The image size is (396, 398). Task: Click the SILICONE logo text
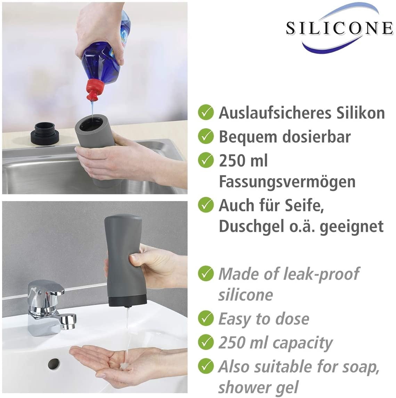339,28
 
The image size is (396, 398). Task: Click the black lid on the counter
45,133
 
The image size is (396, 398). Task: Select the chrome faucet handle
46,288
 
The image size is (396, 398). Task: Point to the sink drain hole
53,364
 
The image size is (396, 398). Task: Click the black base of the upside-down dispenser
127,301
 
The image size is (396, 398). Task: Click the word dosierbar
317,137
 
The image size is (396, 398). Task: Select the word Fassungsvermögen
287,182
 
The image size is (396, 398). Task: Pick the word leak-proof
321,274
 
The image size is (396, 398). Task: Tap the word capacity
303,344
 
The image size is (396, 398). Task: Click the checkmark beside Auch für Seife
206,205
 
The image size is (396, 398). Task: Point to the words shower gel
258,388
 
